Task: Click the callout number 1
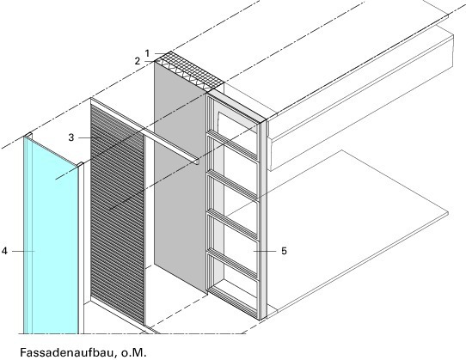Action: pos(147,53)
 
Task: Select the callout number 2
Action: pos(137,61)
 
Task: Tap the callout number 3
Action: pos(71,137)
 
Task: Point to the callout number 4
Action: pos(4,251)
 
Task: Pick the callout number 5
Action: pos(284,251)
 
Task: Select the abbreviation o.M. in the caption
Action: pos(134,352)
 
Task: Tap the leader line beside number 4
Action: pos(23,251)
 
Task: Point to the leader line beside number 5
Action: pos(265,251)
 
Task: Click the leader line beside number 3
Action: pos(89,137)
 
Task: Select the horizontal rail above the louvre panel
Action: pos(144,131)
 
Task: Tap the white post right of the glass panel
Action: pos(82,248)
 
